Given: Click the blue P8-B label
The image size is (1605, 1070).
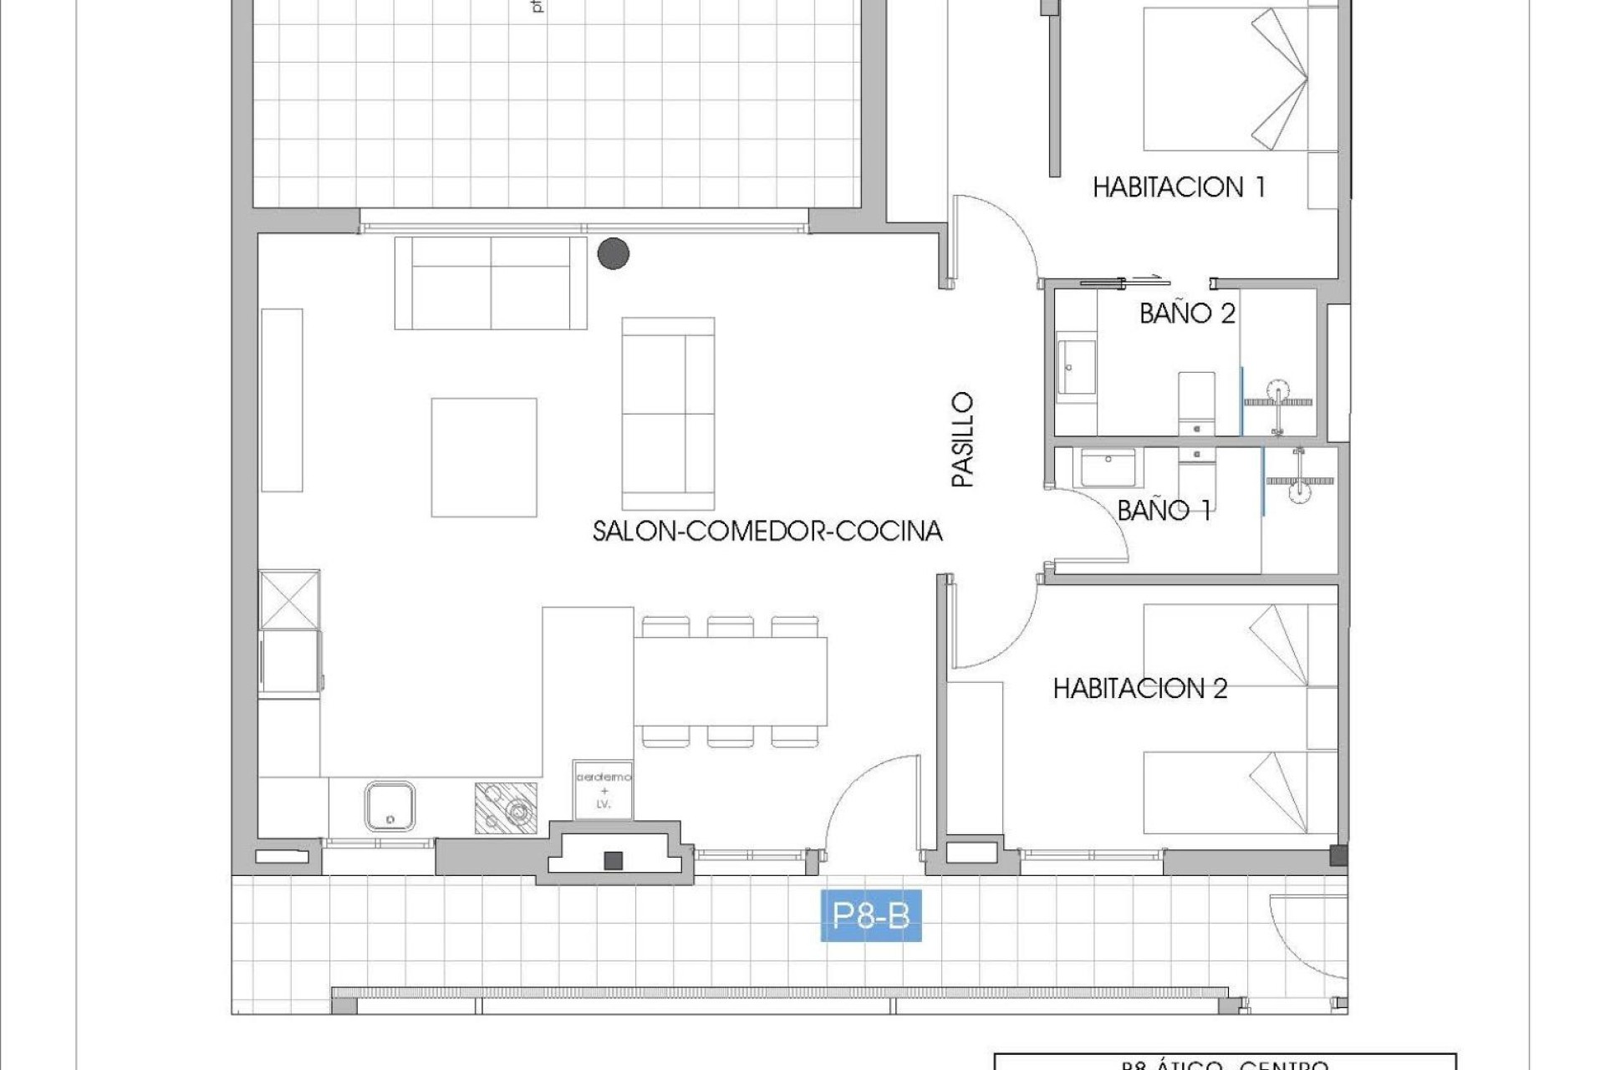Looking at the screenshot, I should tap(871, 917).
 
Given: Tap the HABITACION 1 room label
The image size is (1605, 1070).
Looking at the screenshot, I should tap(1179, 187).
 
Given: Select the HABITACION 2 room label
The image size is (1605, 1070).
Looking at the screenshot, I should tap(1139, 689).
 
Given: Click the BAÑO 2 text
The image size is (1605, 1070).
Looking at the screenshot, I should tap(1187, 313).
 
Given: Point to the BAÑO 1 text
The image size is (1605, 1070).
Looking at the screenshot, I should tap(1164, 510).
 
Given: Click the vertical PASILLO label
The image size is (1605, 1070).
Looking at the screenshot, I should tap(963, 440).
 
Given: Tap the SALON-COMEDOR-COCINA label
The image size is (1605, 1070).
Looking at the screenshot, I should tap(767, 532).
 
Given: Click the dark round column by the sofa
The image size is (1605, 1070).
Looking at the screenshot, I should tap(614, 253).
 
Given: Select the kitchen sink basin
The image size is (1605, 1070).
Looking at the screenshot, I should tap(390, 806).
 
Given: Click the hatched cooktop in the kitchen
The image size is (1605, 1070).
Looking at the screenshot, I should tap(506, 808).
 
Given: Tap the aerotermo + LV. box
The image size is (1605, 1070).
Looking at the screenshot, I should tap(604, 790).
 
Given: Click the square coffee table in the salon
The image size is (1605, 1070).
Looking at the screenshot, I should tap(484, 457).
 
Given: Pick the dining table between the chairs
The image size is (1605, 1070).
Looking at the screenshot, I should tap(730, 681).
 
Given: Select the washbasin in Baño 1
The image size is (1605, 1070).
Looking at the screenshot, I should tap(1108, 468).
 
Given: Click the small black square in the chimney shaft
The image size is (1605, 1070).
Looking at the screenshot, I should tap(614, 860).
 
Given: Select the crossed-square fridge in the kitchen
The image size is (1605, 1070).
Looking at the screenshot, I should tap(289, 599).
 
